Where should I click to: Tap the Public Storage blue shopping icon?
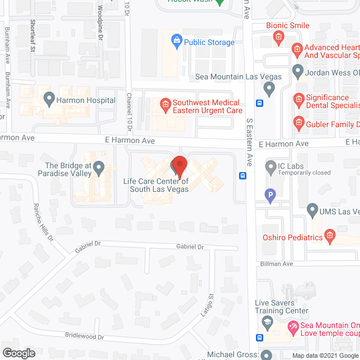[177, 42]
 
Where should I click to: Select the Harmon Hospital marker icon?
[49, 101]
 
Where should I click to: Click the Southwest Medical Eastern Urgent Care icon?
[165, 103]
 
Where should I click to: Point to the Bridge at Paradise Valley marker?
[99, 167]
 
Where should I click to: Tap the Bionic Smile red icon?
[278, 37]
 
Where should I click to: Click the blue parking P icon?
[271, 195]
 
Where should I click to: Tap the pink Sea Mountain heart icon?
[292, 326]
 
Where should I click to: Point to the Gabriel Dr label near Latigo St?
[189, 247]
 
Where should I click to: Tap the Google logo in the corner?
[18, 353]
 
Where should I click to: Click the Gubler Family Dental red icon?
[298, 121]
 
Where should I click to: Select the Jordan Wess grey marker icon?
[298, 72]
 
